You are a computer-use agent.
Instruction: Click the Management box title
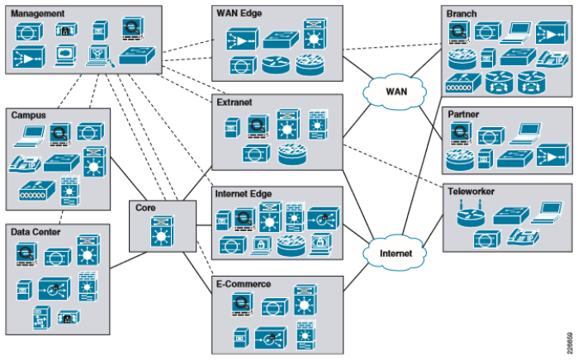pyautogui.click(x=38, y=13)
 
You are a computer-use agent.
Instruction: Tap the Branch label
pyautogui.click(x=462, y=14)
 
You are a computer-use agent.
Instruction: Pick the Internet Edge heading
pyautogui.click(x=244, y=195)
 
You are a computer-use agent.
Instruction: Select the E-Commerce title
pyautogui.click(x=243, y=284)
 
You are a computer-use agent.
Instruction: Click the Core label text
pyautogui.click(x=147, y=207)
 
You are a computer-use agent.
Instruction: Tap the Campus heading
pyautogui.click(x=28, y=115)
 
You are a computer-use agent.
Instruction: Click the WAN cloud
pyautogui.click(x=394, y=91)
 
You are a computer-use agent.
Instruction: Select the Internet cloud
pyautogui.click(x=395, y=253)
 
